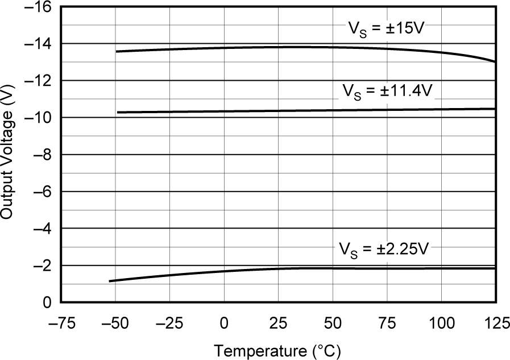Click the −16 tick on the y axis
tap(38, 7)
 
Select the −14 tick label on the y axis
tap(38, 44)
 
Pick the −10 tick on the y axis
tap(38, 118)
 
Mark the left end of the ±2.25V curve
tap(110, 281)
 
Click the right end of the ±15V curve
tap(495, 61)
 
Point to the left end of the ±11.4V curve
tap(118, 113)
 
